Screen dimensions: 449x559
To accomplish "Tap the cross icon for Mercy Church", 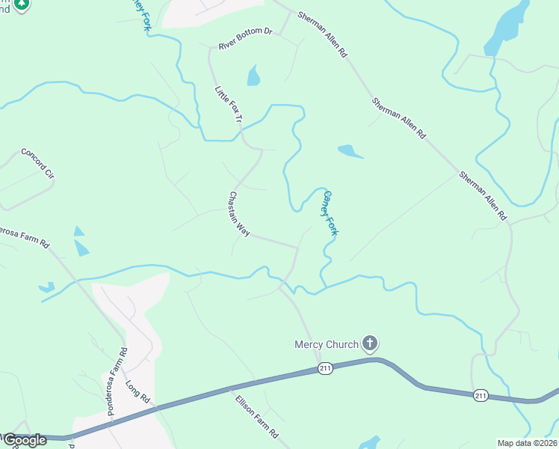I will [x=369, y=343].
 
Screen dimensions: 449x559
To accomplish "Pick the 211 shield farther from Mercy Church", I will [x=481, y=395].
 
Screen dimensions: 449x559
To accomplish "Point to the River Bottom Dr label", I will [x=246, y=40].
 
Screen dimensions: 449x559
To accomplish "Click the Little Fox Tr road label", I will [x=229, y=106].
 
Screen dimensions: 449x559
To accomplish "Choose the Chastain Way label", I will [x=238, y=214].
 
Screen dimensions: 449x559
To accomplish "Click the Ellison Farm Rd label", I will [x=256, y=416].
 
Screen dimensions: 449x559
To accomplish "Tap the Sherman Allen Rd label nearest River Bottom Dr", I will [x=322, y=34].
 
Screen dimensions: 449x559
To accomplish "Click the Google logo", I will [x=25, y=440].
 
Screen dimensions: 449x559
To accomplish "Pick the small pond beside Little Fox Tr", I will [x=253, y=76].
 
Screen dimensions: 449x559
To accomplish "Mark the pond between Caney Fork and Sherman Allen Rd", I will [x=350, y=152].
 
